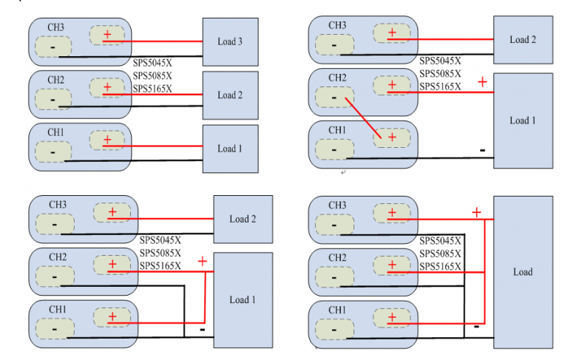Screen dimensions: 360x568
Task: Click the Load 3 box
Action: pyautogui.click(x=230, y=42)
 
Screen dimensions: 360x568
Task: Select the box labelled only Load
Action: pyautogui.click(x=522, y=271)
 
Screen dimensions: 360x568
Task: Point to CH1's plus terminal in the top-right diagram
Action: pyautogui.click(x=391, y=137)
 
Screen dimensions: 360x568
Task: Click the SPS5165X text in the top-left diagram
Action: pyautogui.click(x=152, y=89)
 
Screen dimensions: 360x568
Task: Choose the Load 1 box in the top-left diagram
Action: pyautogui.click(x=230, y=149)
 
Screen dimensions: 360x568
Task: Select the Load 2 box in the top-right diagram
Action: pyautogui.click(x=522, y=40)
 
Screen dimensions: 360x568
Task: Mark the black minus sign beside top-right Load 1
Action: pyautogui.click(x=482, y=150)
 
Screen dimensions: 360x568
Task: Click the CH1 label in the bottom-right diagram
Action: pyautogui.click(x=337, y=309)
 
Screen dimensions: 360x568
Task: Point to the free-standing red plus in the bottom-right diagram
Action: pyautogui.click(x=476, y=212)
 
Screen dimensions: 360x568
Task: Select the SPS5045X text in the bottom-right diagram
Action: pyautogui.click(x=440, y=240)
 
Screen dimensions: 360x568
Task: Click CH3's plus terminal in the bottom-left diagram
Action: pyautogui.click(x=112, y=213)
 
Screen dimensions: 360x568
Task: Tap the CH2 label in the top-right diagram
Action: pyautogui.click(x=337, y=78)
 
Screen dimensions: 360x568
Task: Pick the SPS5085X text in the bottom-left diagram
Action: pyautogui.click(x=160, y=253)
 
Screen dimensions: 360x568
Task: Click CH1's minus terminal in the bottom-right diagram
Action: pyautogui.click(x=334, y=329)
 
